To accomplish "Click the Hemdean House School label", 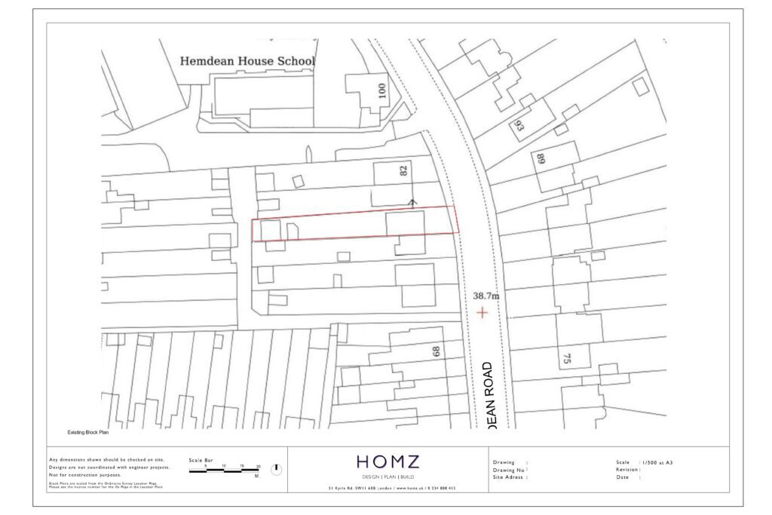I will click(x=247, y=61).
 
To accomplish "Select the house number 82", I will click(x=403, y=171).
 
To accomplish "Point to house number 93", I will click(x=519, y=126).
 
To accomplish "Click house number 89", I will click(x=541, y=159).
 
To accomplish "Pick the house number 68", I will click(x=435, y=351).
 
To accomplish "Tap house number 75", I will click(x=567, y=359).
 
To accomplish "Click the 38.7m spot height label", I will click(x=486, y=296).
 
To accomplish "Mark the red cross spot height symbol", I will click(x=482, y=312).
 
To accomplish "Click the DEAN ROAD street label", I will click(x=486, y=395).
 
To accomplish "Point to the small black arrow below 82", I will click(x=412, y=201).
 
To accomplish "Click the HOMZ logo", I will click(x=388, y=462).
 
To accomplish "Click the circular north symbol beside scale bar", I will click(x=276, y=469).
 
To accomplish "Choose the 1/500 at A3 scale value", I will click(x=656, y=462).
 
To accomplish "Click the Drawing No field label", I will click(x=509, y=470).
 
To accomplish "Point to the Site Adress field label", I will click(x=510, y=477).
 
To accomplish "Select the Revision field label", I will click(x=629, y=470).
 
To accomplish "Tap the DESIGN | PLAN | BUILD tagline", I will click(x=388, y=477).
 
